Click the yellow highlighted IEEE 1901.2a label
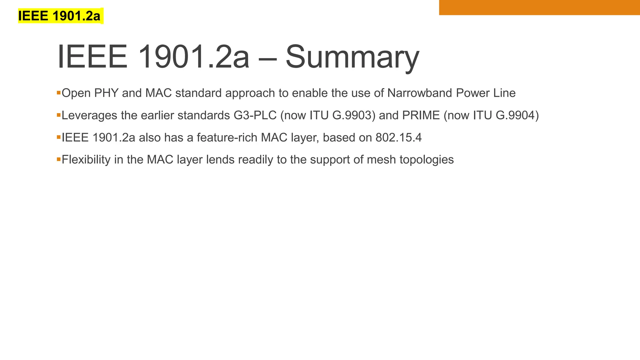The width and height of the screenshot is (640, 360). [60, 16]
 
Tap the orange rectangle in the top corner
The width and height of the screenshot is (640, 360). [539, 7]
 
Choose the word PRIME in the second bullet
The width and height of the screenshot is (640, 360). [421, 115]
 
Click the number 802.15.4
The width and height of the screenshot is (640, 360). [398, 137]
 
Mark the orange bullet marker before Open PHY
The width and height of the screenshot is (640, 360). [58, 93]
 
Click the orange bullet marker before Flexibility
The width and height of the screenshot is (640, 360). [58, 159]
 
